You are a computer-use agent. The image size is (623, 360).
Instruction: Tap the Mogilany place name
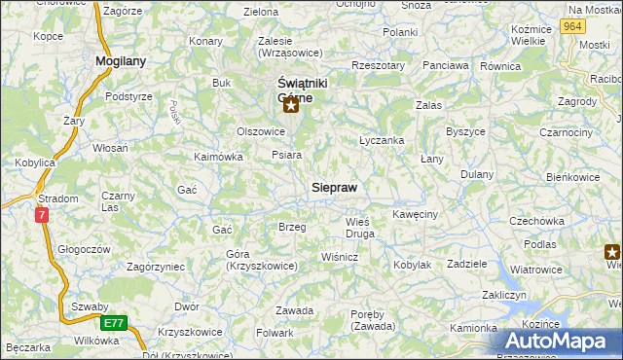pyautogui.click(x=120, y=61)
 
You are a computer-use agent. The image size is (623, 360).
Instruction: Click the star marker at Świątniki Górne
pyautogui.click(x=290, y=106)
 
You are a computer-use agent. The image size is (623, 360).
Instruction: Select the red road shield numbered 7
pyautogui.click(x=42, y=215)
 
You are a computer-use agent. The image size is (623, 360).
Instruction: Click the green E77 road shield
pyautogui.click(x=113, y=322)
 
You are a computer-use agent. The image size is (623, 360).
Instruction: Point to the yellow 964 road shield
pyautogui.click(x=573, y=27)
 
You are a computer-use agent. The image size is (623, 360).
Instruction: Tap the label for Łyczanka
pyautogui.click(x=382, y=140)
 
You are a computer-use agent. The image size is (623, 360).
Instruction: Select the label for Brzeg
pyautogui.click(x=292, y=227)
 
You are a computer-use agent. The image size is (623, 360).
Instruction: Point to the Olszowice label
pyautogui.click(x=260, y=130)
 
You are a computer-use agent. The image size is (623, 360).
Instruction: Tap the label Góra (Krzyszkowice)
pyautogui.click(x=261, y=260)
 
